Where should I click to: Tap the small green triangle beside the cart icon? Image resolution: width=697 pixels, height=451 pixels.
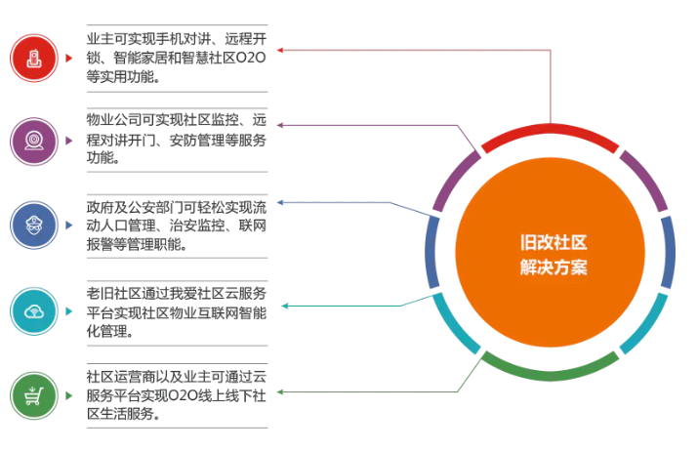pyautogui.click(x=68, y=394)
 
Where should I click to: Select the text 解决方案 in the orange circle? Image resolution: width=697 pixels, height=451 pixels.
pyautogui.click(x=553, y=267)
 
